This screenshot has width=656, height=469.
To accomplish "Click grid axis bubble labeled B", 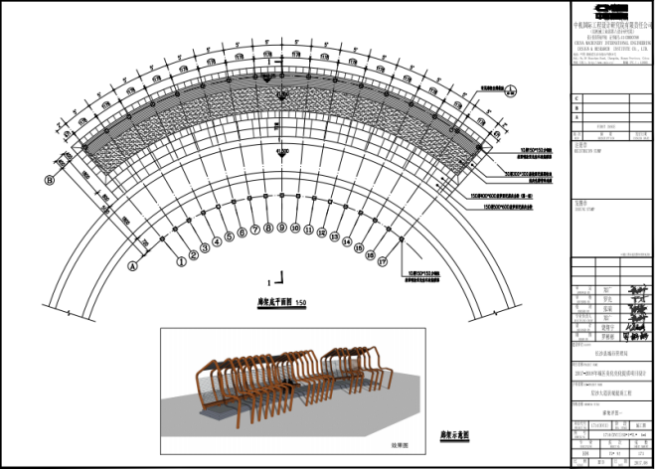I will coord(48,180).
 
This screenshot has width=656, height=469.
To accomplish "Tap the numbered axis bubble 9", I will coord(281,229).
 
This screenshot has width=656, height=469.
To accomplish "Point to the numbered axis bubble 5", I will coord(228,236).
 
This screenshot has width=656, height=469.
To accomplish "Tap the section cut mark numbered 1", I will coord(281,279).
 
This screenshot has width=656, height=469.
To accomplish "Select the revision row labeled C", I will coord(577,100).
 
